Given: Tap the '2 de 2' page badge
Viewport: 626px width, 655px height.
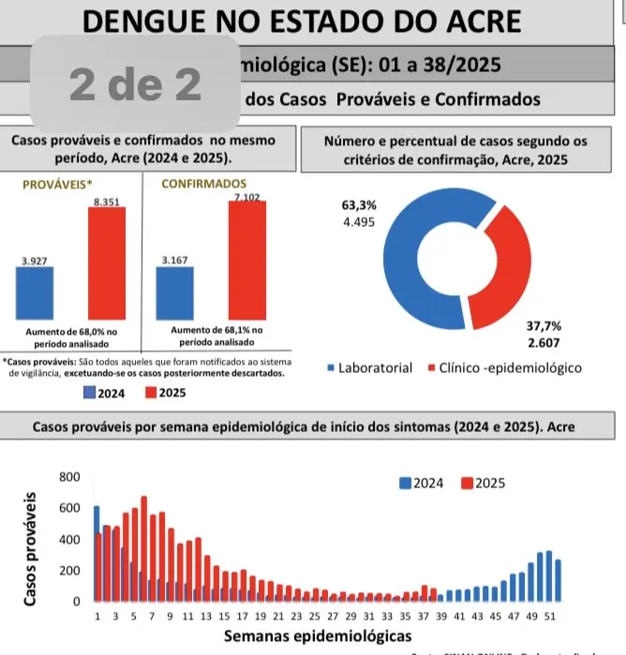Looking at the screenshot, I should (x=136, y=84).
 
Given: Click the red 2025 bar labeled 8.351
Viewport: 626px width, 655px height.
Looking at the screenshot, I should (x=107, y=263).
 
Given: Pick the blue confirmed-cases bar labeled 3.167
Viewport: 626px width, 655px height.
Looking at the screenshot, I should (x=174, y=293).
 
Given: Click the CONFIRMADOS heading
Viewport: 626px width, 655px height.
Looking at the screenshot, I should (x=203, y=184).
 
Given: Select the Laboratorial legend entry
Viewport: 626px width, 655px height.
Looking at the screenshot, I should (x=370, y=368).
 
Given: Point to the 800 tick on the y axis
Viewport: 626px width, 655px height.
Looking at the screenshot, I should (x=70, y=477).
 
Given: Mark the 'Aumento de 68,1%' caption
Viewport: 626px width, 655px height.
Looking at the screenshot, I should (x=218, y=336).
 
